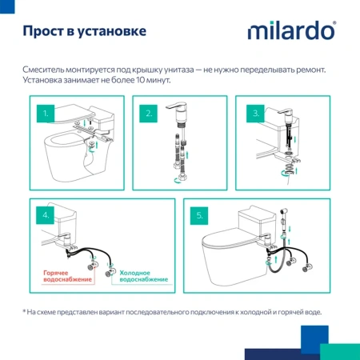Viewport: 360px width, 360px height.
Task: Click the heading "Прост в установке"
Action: (x=84, y=31)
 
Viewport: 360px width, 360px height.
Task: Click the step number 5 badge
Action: (x=200, y=214)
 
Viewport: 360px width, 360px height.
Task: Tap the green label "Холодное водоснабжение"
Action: (x=143, y=276)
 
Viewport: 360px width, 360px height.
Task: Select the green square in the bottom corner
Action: (x=339, y=351)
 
